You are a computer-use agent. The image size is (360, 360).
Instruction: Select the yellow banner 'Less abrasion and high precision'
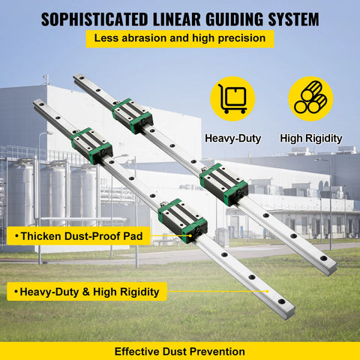(x=180, y=38)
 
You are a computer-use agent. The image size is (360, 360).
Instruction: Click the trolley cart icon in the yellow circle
(x=232, y=99)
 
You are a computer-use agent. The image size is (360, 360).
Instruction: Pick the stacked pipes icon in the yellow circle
(x=310, y=99)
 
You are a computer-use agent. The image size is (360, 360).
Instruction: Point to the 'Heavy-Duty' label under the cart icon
(x=232, y=138)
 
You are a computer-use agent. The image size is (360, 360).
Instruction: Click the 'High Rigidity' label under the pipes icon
(x=311, y=138)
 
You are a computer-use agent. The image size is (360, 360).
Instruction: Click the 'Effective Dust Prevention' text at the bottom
(x=180, y=350)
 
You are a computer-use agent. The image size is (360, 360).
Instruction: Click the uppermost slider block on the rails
(x=133, y=115)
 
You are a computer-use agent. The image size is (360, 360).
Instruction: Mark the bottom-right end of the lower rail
(x=289, y=313)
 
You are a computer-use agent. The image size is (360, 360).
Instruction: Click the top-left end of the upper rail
(x=78, y=76)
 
